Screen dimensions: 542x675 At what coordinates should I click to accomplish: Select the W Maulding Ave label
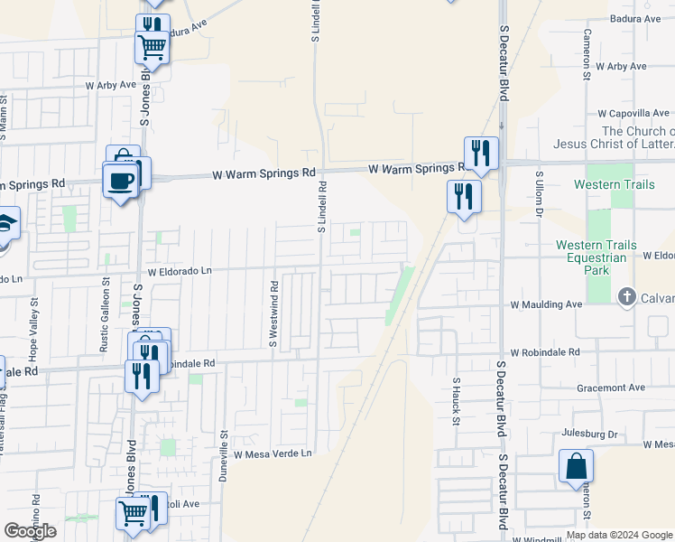[546, 305]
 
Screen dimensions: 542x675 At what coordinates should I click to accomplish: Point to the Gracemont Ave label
[614, 388]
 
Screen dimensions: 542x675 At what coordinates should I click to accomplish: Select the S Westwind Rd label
[273, 313]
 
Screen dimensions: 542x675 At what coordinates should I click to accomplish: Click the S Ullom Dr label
[539, 193]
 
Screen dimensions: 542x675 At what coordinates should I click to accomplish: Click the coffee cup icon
[120, 182]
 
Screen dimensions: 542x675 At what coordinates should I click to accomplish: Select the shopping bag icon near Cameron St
[576, 468]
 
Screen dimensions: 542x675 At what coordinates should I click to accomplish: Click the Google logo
[30, 531]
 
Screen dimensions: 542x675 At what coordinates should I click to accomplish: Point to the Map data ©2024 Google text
[618, 535]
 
